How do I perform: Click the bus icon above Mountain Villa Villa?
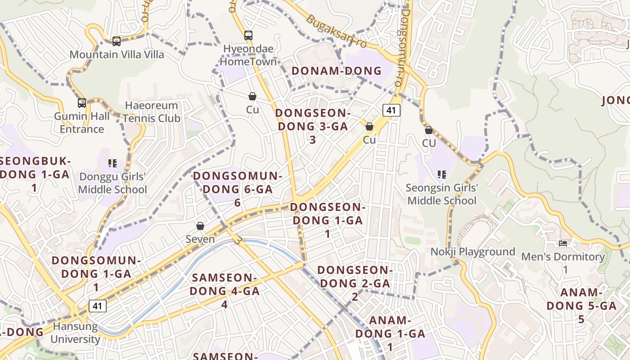117,41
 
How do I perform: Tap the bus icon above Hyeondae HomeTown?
248,36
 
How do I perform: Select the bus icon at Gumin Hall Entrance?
82,103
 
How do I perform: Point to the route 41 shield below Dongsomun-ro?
391,110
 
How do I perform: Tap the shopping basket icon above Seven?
200,226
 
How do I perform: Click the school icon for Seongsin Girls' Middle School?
441,174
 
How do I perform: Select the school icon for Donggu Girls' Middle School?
112,163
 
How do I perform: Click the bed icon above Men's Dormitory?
563,243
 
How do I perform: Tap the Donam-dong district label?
337,71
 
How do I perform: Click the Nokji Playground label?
473,252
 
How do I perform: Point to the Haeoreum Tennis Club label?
151,112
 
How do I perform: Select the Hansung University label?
75,333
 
